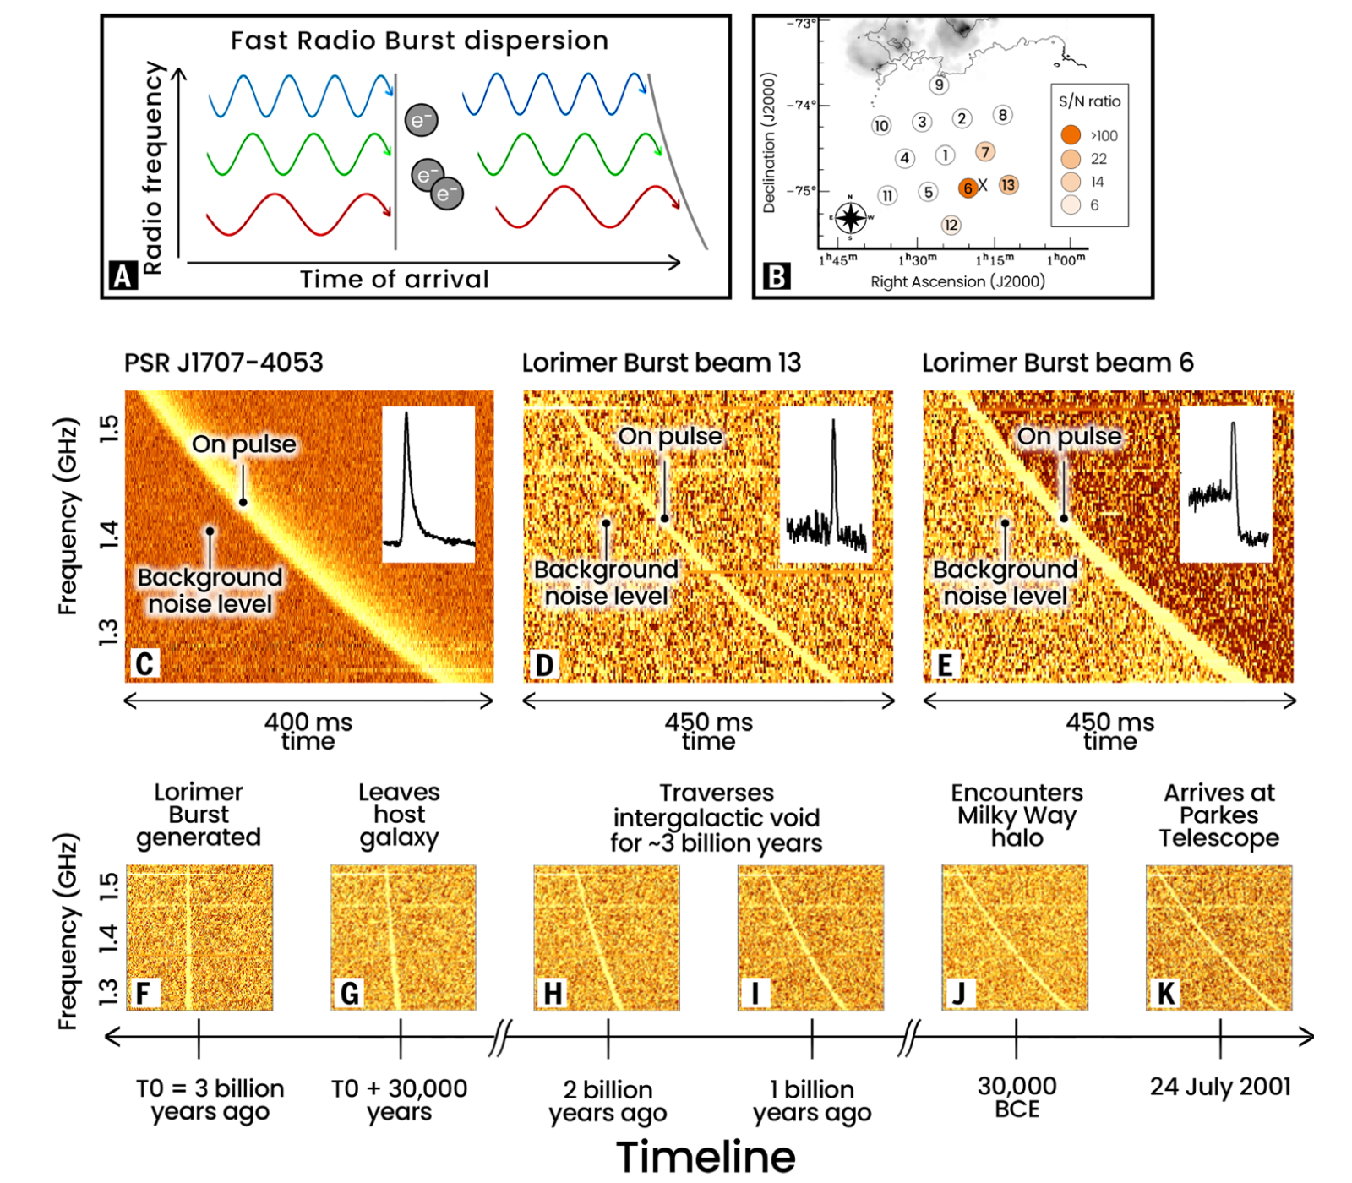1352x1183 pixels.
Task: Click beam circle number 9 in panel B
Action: [939, 84]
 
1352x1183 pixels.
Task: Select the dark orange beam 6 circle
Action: [968, 188]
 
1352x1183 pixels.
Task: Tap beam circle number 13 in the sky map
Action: [1008, 185]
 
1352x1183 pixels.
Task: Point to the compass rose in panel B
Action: [851, 218]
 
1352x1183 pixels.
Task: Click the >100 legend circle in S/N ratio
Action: [1071, 135]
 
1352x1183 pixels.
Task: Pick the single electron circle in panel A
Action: [421, 120]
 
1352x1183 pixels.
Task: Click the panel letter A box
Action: [123, 275]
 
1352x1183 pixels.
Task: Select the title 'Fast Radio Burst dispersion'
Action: [419, 41]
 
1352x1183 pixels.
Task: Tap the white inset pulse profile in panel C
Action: [428, 484]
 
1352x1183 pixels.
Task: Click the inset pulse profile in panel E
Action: [1226, 484]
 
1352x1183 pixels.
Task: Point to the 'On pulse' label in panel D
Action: [670, 436]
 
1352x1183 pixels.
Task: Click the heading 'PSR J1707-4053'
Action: [224, 363]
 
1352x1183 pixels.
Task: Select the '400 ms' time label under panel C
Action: [308, 723]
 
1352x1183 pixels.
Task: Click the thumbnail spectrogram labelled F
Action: [199, 937]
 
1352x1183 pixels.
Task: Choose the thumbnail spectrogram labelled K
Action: [1218, 937]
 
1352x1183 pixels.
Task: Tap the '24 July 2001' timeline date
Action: [1220, 1087]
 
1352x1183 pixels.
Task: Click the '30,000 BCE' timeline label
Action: [1017, 1097]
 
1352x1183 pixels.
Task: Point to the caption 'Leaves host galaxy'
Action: [399, 815]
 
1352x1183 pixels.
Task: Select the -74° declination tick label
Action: [801, 105]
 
